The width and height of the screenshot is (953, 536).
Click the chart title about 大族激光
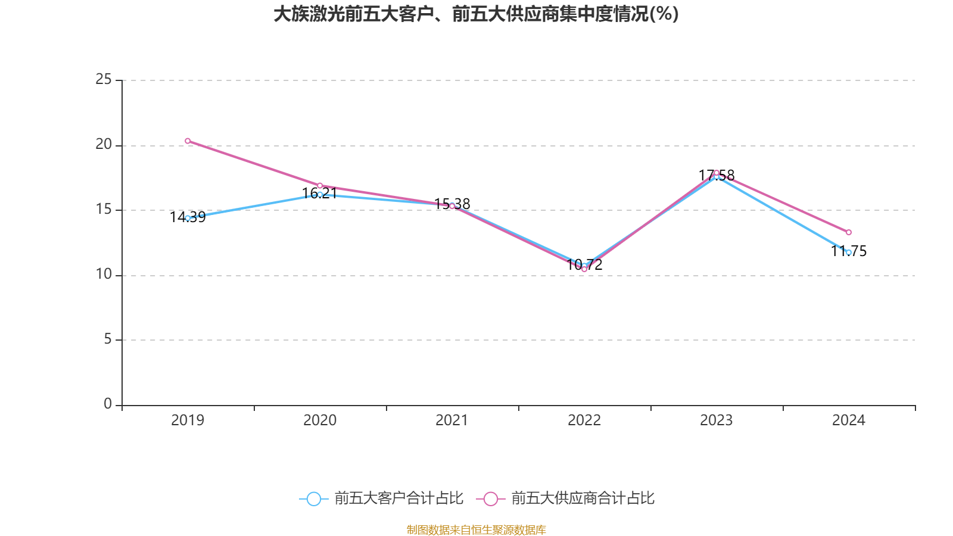click(476, 14)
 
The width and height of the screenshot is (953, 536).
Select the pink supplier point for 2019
click(188, 141)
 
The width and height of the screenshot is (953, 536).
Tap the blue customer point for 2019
click(188, 218)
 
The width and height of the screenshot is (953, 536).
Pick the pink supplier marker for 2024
click(849, 232)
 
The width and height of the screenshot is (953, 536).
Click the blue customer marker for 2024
click(849, 253)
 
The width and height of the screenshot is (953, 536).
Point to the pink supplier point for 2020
click(320, 186)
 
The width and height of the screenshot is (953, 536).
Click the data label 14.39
click(188, 217)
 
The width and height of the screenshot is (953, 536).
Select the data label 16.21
click(320, 194)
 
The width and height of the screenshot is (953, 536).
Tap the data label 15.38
click(452, 204)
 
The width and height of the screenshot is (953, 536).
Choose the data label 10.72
click(584, 265)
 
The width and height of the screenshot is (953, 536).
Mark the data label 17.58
click(717, 175)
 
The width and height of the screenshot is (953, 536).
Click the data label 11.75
click(849, 251)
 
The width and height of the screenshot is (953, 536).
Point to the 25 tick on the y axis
click(104, 80)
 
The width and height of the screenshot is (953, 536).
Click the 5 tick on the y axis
click(108, 339)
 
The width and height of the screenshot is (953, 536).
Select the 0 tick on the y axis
click(108, 404)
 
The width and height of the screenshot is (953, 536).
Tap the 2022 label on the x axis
click(584, 420)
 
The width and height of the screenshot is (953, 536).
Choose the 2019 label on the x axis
click(188, 420)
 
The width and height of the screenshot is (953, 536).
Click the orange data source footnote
click(476, 530)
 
